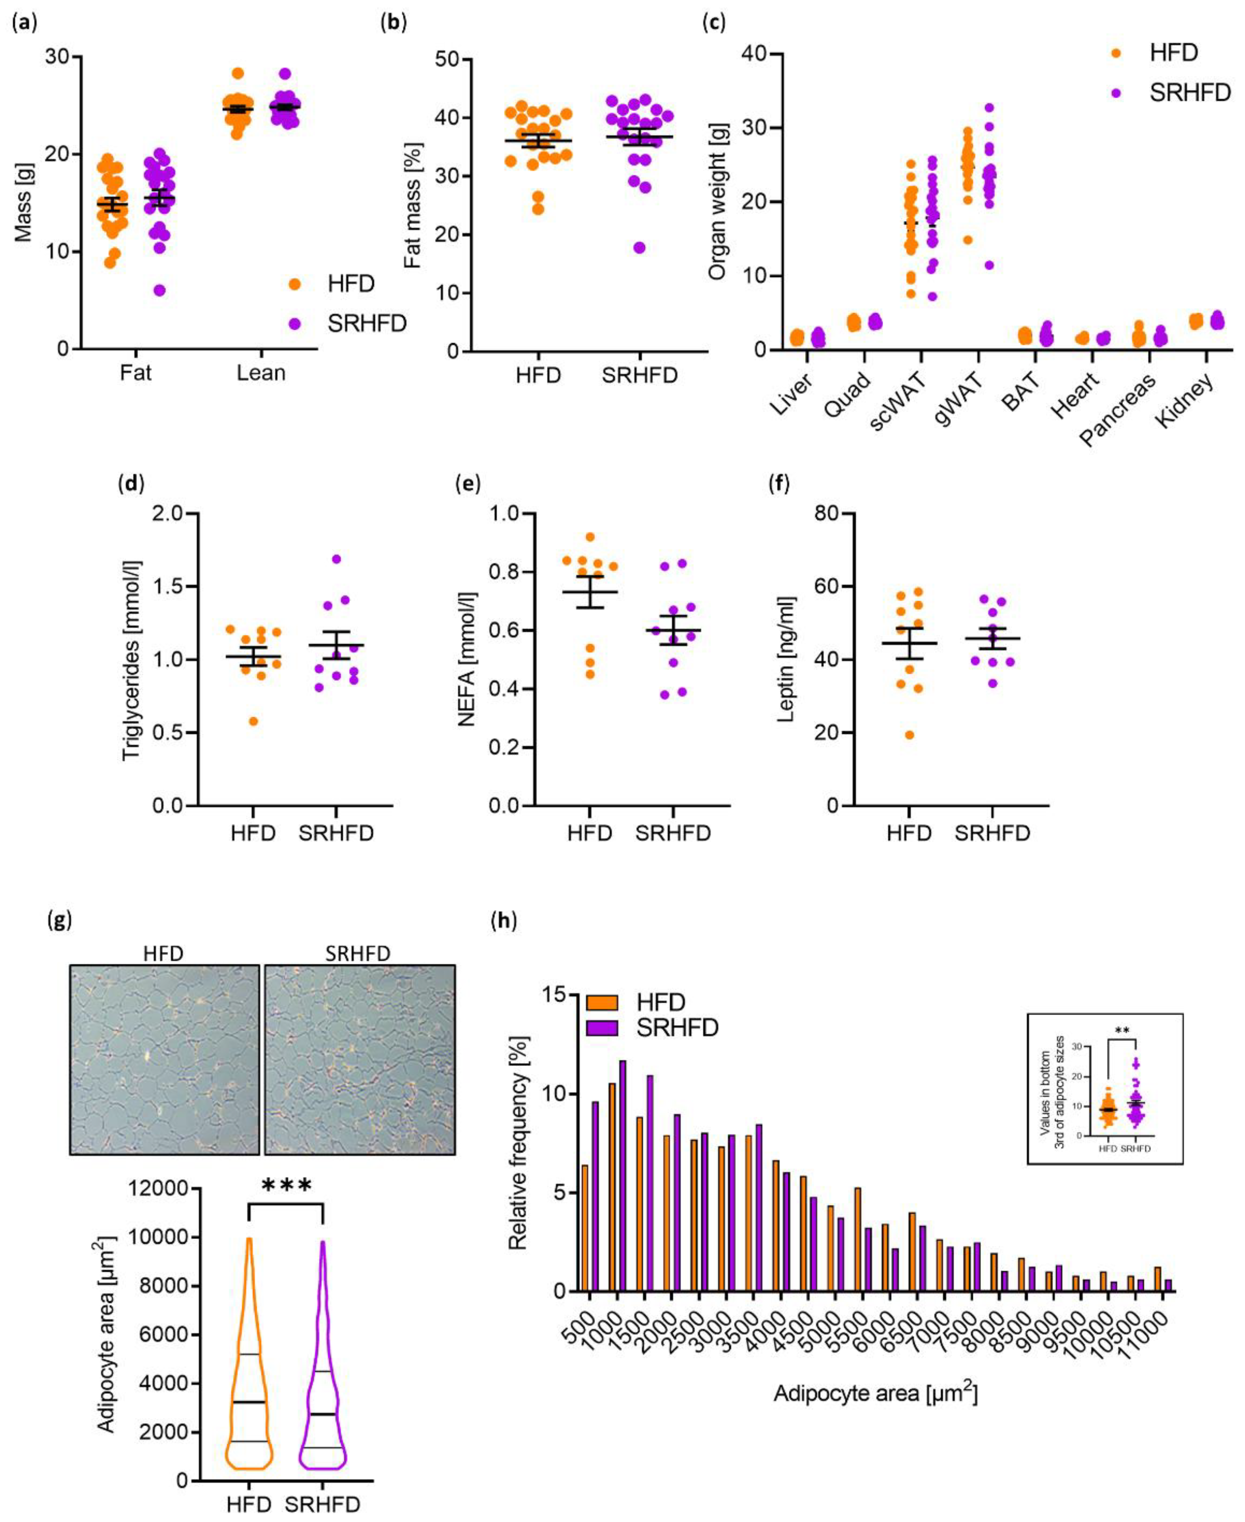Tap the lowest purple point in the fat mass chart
[x=639, y=248]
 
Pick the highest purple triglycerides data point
[x=336, y=559]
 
